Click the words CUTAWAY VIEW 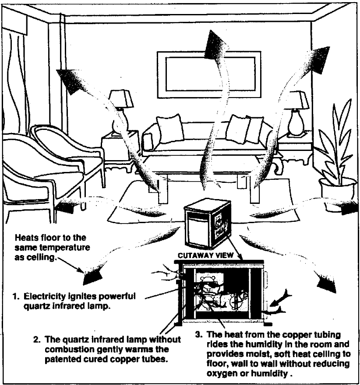[x=205, y=255]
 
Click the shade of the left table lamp [x=121, y=99]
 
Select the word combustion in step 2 [x=70, y=349]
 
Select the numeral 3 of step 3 [x=198, y=334]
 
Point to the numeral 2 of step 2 [x=36, y=339]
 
